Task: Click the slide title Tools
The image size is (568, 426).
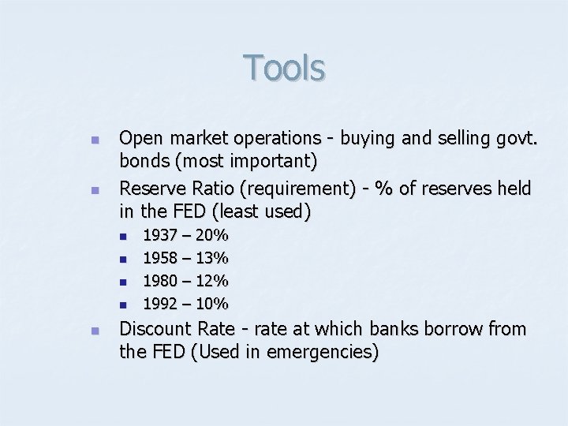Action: point(284,68)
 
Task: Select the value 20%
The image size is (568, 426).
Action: point(212,235)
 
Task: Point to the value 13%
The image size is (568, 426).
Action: point(212,258)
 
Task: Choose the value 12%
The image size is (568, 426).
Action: point(212,281)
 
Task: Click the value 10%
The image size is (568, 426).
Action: point(212,304)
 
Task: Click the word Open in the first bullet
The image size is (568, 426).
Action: point(138,139)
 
